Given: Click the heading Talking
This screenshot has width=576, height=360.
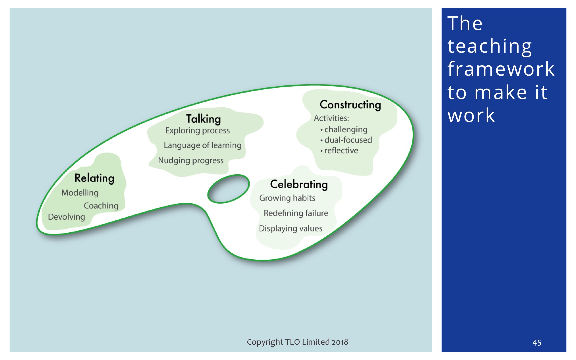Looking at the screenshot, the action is [203, 119].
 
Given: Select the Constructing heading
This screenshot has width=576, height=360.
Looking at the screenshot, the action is [350, 105].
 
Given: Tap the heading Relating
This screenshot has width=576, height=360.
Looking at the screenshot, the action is [94, 178].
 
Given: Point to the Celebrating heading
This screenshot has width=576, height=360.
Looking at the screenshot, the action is [299, 184].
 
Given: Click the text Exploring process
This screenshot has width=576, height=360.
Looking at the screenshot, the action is [198, 131].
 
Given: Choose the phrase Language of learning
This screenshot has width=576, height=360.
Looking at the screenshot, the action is [203, 145].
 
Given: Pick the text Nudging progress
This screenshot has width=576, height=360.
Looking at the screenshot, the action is [191, 161].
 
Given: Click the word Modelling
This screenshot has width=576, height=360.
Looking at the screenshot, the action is [80, 193].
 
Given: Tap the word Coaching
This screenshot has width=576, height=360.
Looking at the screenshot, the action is [101, 206].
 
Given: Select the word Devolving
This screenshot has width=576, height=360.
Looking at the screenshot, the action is [67, 217].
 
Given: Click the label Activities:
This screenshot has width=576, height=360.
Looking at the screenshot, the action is [331, 118].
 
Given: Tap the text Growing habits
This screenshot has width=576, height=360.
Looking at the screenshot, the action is [287, 198].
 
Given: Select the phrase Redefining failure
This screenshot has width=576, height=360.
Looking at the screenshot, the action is [296, 213].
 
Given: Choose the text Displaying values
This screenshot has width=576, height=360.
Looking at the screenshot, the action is [291, 229].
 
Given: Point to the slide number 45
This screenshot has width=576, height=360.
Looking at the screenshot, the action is [537, 343].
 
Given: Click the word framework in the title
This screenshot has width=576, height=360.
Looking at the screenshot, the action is [501, 69].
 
